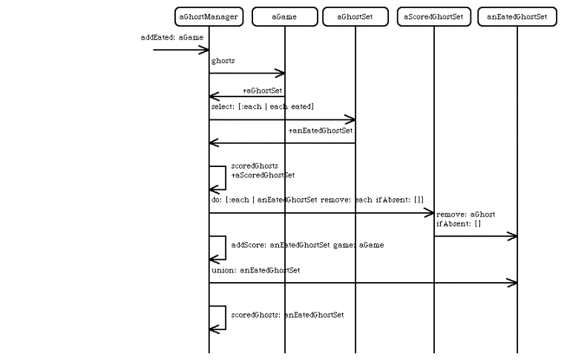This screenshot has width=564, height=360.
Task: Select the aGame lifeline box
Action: pyautogui.click(x=285, y=16)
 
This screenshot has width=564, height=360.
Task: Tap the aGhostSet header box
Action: pyautogui.click(x=355, y=16)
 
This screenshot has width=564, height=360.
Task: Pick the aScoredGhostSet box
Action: pyautogui.click(x=434, y=16)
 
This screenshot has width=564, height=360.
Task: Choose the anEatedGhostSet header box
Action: pyautogui.click(x=517, y=16)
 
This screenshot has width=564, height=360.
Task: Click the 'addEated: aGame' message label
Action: pyautogui.click(x=171, y=37)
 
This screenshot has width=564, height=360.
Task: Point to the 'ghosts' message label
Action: pyautogui.click(x=223, y=61)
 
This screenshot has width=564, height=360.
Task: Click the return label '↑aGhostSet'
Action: pyautogui.click(x=262, y=90)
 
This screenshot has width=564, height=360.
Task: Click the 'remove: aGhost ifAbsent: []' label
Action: pyautogui.click(x=466, y=219)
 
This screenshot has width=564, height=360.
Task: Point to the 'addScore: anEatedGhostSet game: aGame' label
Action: pyautogui.click(x=307, y=244)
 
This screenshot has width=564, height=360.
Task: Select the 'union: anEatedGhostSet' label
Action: pyautogui.click(x=255, y=270)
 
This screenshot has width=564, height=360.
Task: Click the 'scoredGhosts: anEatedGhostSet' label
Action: pyautogui.click(x=287, y=315)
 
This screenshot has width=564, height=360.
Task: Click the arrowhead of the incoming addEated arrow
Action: pyautogui.click(x=205, y=50)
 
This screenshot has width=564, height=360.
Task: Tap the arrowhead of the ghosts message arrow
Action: pyautogui.click(x=281, y=73)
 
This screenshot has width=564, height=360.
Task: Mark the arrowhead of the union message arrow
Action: pyautogui.click(x=512, y=283)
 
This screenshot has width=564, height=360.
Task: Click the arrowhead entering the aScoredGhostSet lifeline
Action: pyautogui.click(x=429, y=213)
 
